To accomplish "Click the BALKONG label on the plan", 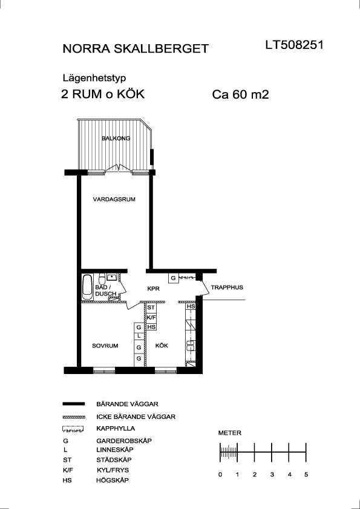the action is (116, 138).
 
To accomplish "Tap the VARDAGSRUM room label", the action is (114, 199).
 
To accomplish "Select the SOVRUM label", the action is (105, 346).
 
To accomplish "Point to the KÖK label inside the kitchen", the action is (162, 346).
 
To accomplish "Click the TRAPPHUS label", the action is (227, 287).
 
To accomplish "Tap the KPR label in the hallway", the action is (154, 288).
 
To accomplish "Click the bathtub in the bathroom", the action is (87, 287).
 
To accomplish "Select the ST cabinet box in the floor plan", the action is (151, 307).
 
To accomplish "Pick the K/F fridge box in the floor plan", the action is (151, 317).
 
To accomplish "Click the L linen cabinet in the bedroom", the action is (139, 336).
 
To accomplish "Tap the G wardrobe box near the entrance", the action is (174, 278).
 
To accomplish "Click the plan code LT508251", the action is (295, 45).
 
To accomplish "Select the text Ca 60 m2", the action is (241, 95).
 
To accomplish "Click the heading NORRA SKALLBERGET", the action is (136, 48).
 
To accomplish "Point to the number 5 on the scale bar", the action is (306, 475).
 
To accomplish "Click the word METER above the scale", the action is (229, 433).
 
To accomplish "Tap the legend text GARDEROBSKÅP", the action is (124, 441).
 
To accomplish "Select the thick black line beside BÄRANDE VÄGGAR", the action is (73, 404).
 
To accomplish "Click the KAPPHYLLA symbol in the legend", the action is (73, 429).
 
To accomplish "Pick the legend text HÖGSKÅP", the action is (113, 480).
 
